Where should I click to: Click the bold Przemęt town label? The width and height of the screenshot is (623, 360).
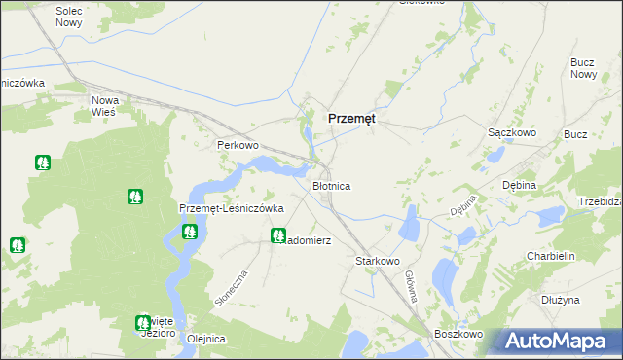click(351, 118)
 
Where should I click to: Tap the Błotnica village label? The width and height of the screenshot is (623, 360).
click(330, 185)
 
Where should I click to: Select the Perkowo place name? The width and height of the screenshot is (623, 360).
click(237, 145)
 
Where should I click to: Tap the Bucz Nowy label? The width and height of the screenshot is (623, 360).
click(583, 68)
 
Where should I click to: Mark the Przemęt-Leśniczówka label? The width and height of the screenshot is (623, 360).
click(232, 208)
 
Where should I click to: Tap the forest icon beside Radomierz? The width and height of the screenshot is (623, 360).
click(278, 234)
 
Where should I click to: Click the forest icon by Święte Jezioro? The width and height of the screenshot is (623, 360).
click(143, 322)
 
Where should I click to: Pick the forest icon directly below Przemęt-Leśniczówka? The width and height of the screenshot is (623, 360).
click(189, 232)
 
